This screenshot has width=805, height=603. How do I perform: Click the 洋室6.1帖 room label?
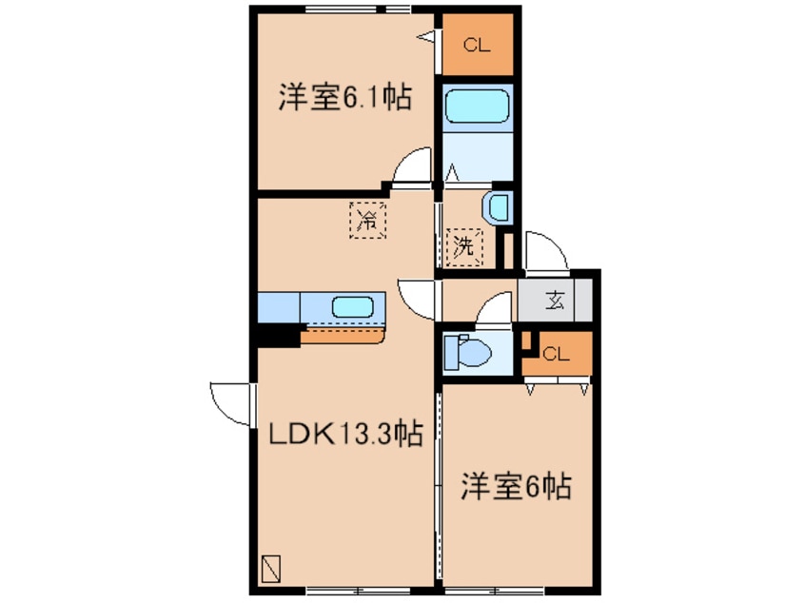(344, 99)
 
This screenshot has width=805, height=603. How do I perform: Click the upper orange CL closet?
(477, 44)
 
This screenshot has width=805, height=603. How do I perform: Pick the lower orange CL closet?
(557, 354)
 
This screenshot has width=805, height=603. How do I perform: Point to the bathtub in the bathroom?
(479, 107)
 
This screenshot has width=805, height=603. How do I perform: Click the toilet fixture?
(468, 352)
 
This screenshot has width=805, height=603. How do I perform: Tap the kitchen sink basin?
(352, 307)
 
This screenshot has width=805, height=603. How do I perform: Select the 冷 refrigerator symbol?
(367, 221)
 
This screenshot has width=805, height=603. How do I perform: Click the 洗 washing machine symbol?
(463, 246)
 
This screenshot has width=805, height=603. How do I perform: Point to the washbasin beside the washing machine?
(497, 206)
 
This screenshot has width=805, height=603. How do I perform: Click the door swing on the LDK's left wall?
(231, 401)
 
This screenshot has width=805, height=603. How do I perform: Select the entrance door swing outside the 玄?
(546, 250)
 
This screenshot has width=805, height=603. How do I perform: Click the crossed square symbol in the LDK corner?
(271, 568)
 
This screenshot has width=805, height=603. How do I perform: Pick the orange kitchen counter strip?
(343, 335)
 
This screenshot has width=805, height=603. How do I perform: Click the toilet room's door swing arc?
(495, 309)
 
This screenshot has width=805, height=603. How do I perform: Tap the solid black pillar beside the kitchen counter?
(277, 335)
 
